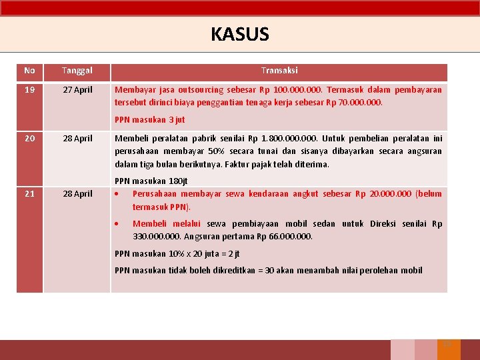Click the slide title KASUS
click(239, 34)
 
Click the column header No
click(29, 71)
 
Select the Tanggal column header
click(77, 71)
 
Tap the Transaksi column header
click(279, 71)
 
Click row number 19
click(29, 89)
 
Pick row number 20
click(29, 139)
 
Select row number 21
click(29, 194)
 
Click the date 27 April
click(77, 89)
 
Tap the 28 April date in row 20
click(77, 139)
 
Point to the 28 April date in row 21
click(77, 194)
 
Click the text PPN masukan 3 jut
click(149, 120)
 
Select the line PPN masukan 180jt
click(151, 181)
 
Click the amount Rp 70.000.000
click(358, 103)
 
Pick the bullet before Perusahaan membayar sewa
click(117, 194)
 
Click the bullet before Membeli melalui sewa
click(117, 224)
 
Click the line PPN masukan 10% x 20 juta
click(177, 253)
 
